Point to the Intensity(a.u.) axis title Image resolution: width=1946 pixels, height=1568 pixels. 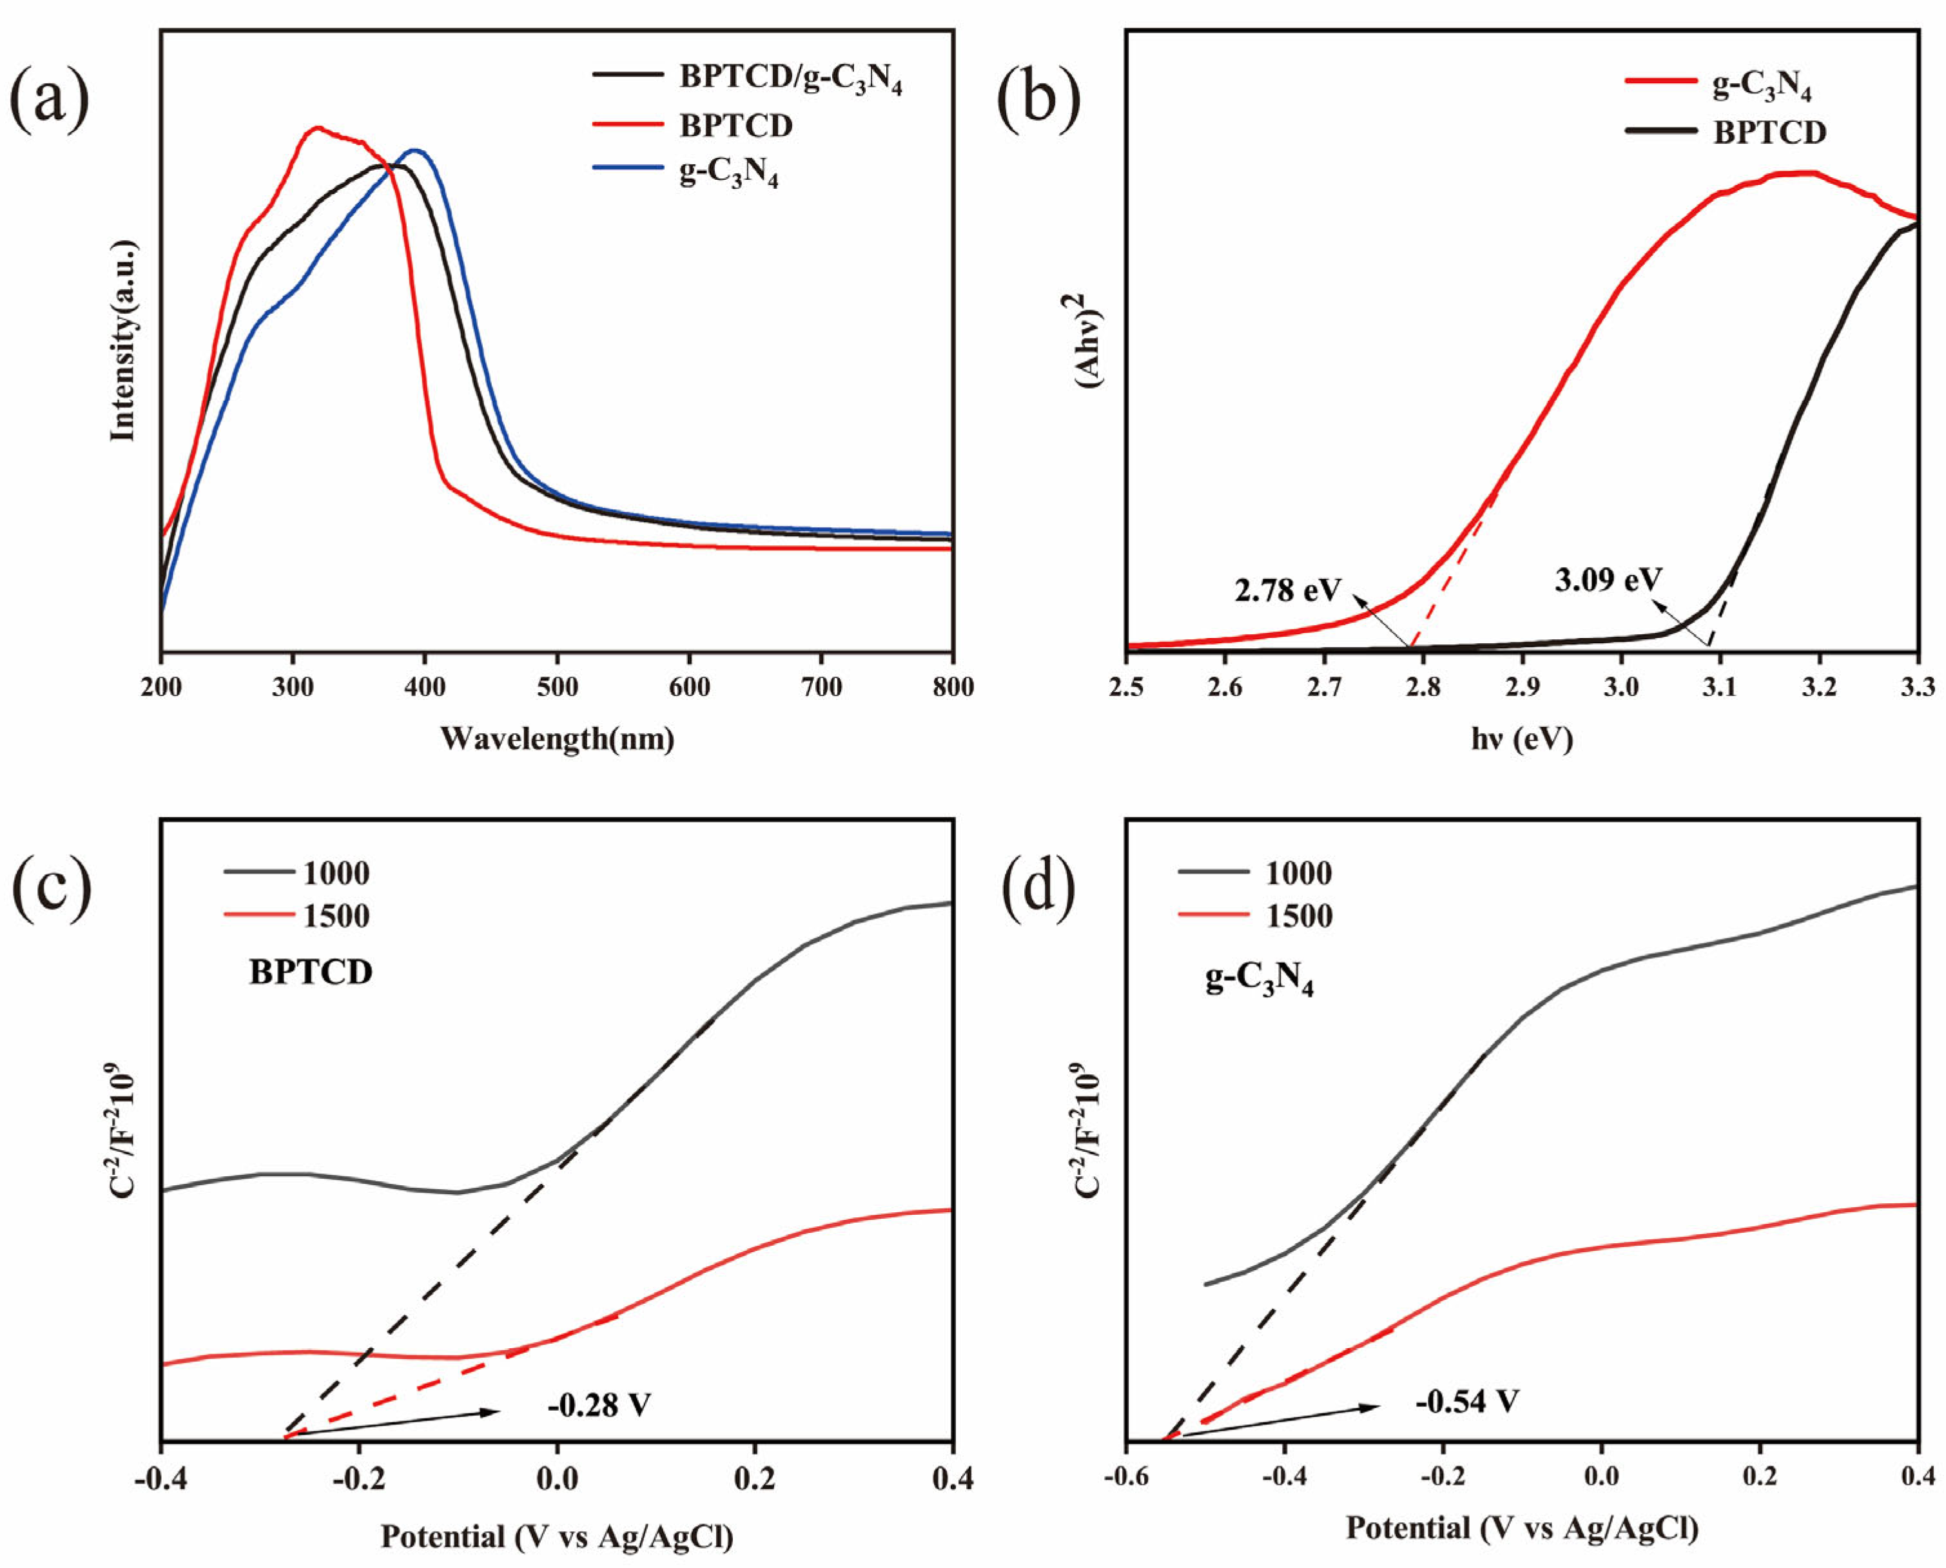click(123, 340)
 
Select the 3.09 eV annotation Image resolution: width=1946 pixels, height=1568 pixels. click(1608, 579)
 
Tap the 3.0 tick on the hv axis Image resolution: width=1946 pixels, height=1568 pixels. click(1620, 688)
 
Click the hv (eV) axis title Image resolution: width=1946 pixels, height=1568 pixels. click(1523, 738)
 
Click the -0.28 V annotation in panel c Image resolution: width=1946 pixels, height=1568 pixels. click(598, 1406)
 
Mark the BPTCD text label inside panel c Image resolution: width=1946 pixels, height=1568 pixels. click(311, 972)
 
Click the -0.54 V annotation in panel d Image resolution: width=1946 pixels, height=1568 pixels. click(1467, 1401)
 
